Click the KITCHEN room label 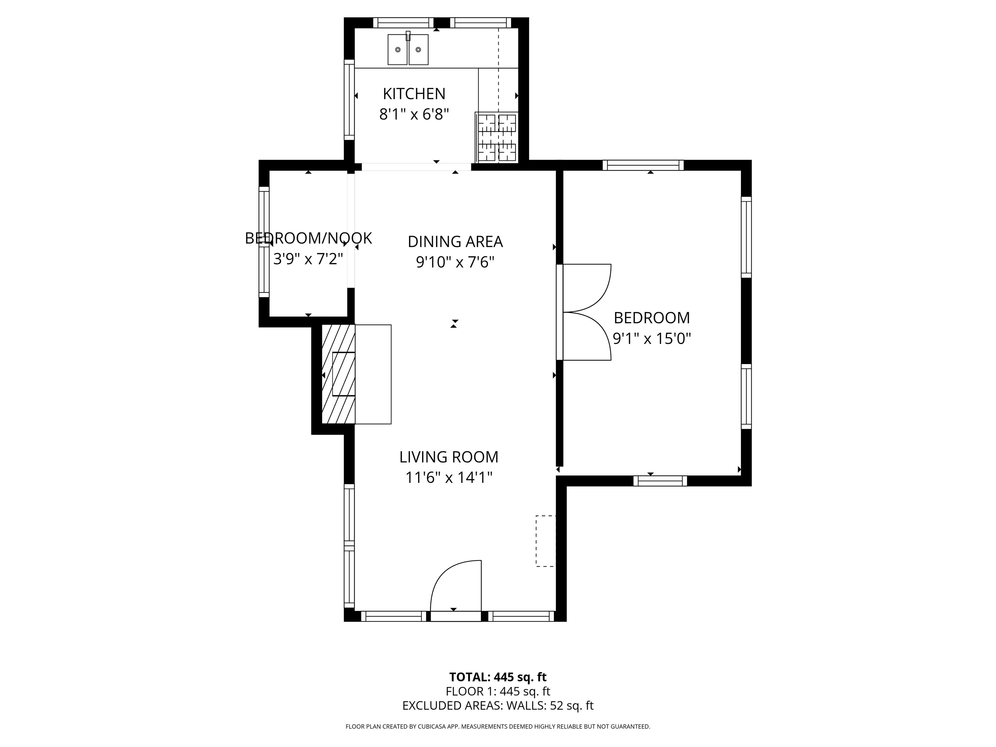point(414,94)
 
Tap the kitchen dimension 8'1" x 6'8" point(414,114)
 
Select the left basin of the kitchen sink point(397,50)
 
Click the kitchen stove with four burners point(497,137)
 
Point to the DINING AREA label point(455,242)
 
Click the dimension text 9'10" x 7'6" point(455,262)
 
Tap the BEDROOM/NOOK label point(308,238)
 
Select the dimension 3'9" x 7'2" point(308,259)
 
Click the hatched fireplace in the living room point(338,374)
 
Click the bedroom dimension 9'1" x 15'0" point(652,338)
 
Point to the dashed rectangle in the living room point(545,541)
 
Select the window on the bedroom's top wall point(643,165)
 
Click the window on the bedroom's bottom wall point(660,481)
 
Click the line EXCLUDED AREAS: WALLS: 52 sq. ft point(498,705)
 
